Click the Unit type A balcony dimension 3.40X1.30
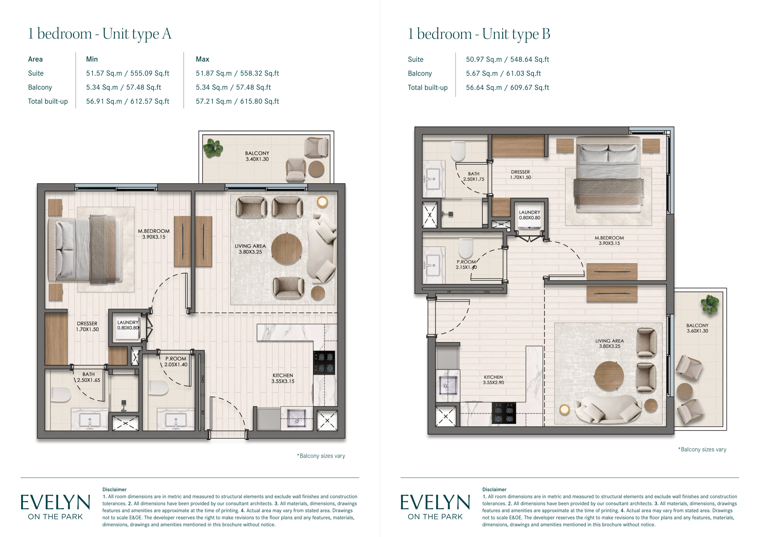(x=257, y=159)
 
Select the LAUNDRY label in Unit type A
(x=128, y=322)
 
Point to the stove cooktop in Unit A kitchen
(x=324, y=363)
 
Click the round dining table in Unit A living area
(x=287, y=249)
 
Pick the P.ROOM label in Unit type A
(x=176, y=359)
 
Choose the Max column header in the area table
(x=203, y=59)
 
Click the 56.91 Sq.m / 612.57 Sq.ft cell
(x=128, y=101)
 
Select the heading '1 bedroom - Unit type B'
(x=479, y=34)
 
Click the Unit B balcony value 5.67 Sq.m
(x=482, y=73)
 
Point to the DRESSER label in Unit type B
(x=520, y=172)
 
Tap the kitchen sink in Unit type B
(x=448, y=385)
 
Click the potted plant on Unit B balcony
(x=710, y=304)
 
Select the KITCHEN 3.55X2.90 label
(x=493, y=380)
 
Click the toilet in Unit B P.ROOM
(x=466, y=248)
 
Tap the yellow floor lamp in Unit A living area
(x=322, y=202)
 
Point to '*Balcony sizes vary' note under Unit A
(x=321, y=456)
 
